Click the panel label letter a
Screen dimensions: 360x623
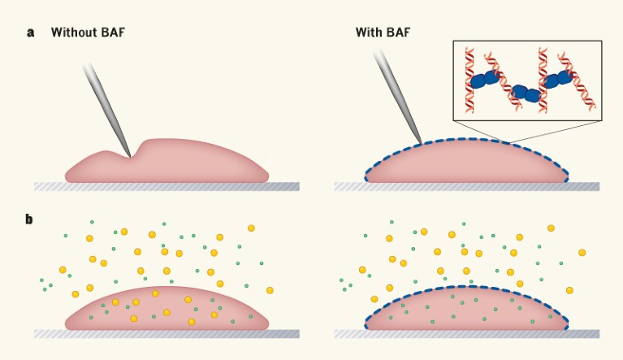[30, 33]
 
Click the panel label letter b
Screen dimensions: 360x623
[30, 219]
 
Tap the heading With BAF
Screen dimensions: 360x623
[383, 33]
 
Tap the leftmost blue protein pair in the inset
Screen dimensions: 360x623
[485, 80]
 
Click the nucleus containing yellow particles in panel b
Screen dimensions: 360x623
[167, 310]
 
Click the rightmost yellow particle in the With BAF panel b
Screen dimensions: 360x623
[582, 252]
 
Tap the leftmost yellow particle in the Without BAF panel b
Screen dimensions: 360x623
[63, 270]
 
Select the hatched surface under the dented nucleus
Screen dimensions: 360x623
[167, 187]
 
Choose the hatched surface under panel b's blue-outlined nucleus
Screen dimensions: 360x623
[466, 333]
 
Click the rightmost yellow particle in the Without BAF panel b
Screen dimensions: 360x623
[270, 290]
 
